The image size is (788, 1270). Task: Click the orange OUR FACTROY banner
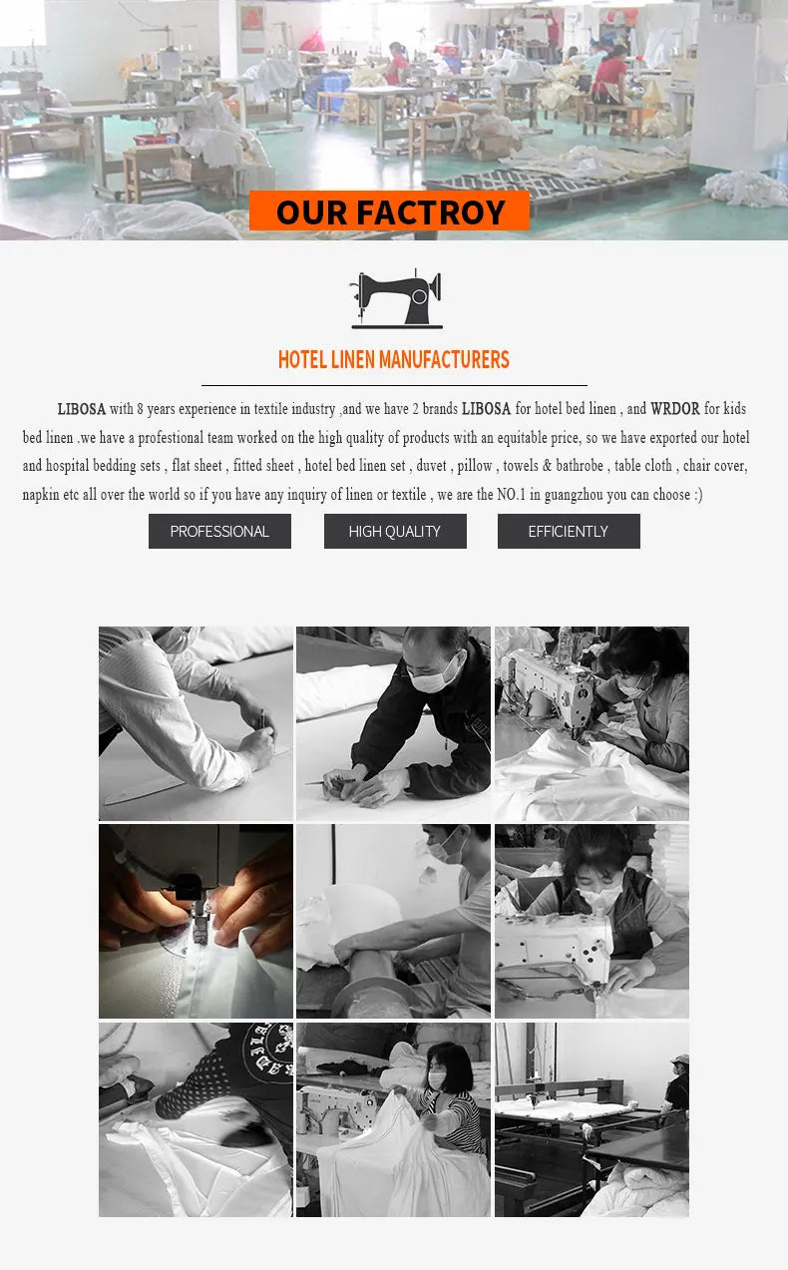(389, 211)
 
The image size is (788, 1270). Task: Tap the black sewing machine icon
(397, 298)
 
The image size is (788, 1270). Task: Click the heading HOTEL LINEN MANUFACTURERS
(393, 360)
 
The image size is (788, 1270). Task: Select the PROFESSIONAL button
(220, 532)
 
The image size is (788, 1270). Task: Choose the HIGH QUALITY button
(395, 532)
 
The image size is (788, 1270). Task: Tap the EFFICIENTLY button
(569, 532)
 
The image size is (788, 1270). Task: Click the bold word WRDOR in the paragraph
(674, 409)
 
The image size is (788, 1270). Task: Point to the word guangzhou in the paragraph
(574, 495)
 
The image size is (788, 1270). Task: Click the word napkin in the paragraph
(41, 495)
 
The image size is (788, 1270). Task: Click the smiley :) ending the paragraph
(698, 495)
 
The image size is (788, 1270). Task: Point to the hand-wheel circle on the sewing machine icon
(420, 296)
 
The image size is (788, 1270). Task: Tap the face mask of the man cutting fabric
(432, 676)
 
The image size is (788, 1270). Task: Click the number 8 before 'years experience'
(140, 409)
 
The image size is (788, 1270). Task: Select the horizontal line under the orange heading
(394, 385)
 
